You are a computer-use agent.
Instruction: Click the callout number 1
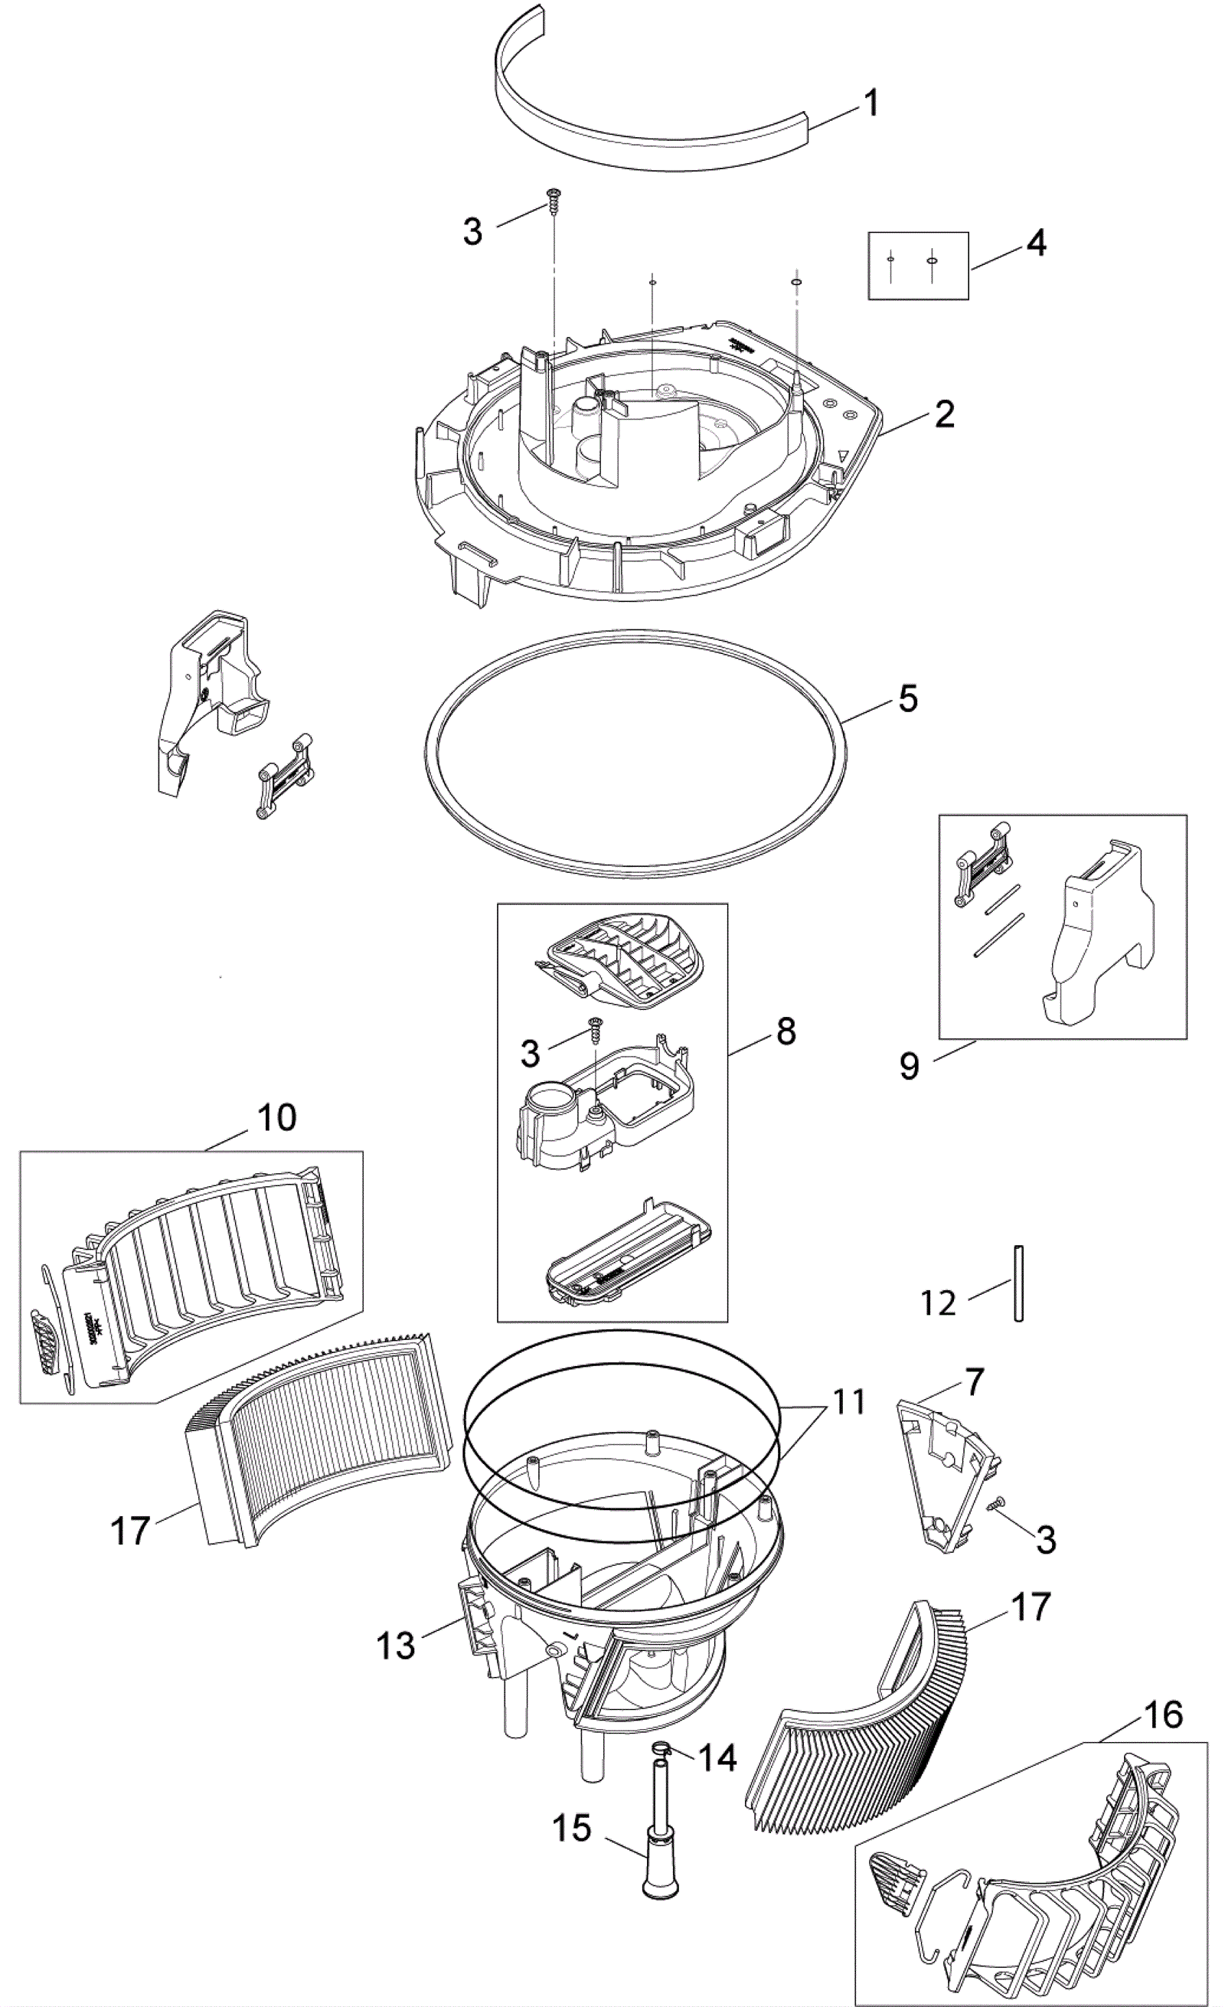pyautogui.click(x=871, y=103)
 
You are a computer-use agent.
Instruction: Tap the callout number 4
pyautogui.click(x=1036, y=242)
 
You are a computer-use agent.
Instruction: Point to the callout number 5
pyautogui.click(x=908, y=699)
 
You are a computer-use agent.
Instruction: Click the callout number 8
pyautogui.click(x=786, y=1031)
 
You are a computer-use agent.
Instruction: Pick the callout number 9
pyautogui.click(x=909, y=1065)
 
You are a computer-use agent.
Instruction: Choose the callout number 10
pyautogui.click(x=277, y=1117)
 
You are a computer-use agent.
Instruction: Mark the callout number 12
pyautogui.click(x=937, y=1303)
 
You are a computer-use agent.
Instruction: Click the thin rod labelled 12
pyautogui.click(x=1018, y=1283)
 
